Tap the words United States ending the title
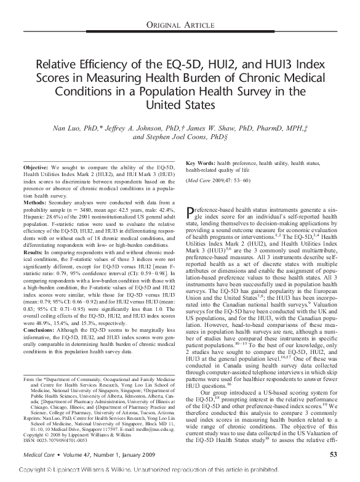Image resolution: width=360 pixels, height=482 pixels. [x=180, y=105]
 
